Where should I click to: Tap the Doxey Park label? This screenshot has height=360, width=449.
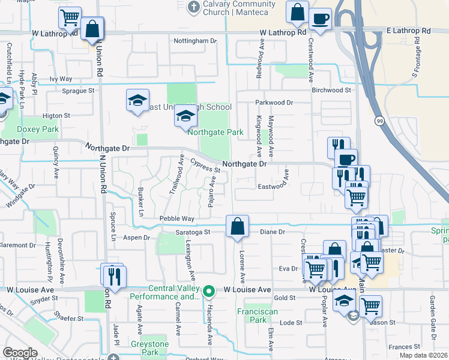point(38,129)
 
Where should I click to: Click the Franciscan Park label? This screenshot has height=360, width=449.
point(252,316)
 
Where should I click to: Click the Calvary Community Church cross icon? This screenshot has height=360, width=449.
point(193,7)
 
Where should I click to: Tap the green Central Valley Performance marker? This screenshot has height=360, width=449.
point(208,292)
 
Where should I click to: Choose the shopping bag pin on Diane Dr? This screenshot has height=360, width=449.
point(238,226)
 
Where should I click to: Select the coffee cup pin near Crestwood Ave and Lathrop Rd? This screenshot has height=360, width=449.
point(320,18)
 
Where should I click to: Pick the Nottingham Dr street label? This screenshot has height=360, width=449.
point(194,41)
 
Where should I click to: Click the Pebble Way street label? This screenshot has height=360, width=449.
point(176,219)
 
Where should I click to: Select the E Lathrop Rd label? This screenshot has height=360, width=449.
point(408,31)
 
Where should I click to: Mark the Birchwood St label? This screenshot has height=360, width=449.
point(331,90)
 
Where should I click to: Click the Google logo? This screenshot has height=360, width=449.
point(20,352)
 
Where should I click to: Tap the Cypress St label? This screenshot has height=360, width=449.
point(206,165)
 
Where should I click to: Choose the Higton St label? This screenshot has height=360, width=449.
point(56,115)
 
